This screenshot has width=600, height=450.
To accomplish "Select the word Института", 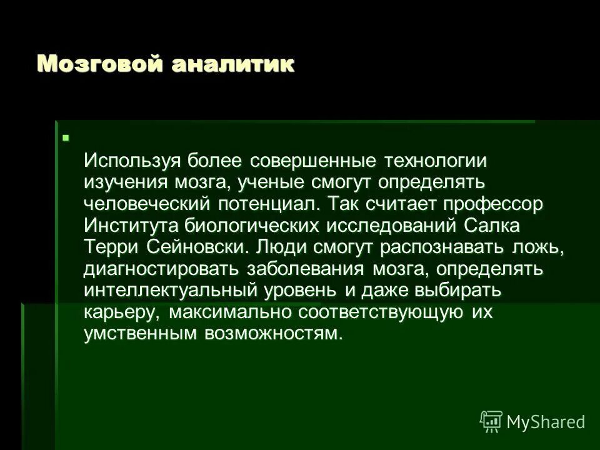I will tap(129, 226).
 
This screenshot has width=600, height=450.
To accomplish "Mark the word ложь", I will tap(541, 247).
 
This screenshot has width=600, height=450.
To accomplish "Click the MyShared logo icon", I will tap(491, 420).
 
